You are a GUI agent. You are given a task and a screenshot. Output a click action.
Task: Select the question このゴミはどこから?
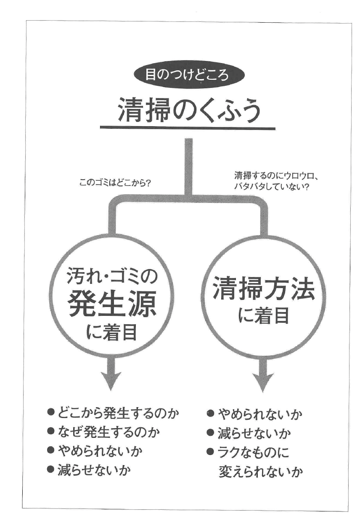(x=115, y=183)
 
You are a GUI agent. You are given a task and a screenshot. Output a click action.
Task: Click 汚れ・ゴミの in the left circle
(x=112, y=277)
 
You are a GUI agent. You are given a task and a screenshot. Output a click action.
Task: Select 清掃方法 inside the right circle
(x=263, y=290)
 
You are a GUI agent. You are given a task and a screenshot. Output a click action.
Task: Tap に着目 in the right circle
(x=263, y=315)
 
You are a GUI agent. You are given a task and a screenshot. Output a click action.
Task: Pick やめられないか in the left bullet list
(x=100, y=451)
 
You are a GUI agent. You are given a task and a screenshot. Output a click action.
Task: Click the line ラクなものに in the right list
(x=254, y=452)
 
